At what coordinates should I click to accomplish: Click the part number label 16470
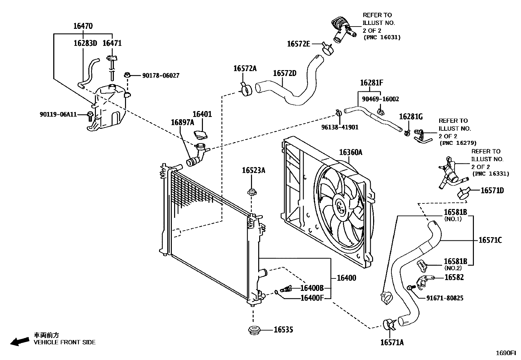tap(83, 26)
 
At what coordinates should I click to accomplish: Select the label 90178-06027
tap(161, 76)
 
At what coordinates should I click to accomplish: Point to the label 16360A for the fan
tap(350, 152)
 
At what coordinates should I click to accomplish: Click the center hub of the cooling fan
tap(341, 206)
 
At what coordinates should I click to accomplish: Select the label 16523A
tap(253, 170)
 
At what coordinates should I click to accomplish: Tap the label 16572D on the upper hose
tap(284, 73)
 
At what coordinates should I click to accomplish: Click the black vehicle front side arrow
tap(19, 342)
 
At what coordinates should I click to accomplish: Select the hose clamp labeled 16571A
tap(388, 324)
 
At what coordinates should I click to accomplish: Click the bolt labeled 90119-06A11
tap(90, 115)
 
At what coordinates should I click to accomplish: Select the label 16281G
tap(411, 117)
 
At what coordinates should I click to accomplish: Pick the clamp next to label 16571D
tap(464, 193)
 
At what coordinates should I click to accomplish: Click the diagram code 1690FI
tap(508, 353)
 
